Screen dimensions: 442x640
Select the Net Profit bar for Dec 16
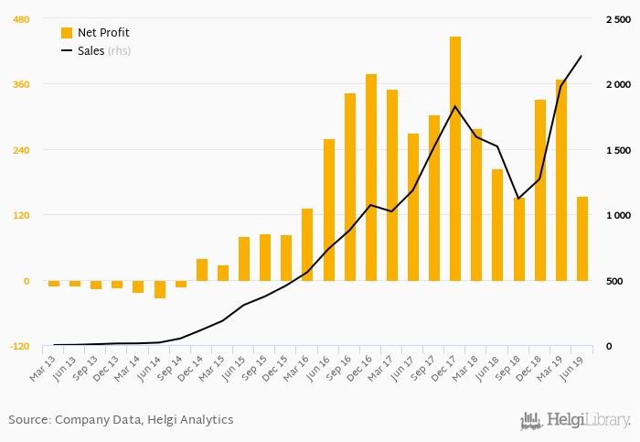[x=371, y=178]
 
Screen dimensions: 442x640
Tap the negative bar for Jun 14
[x=160, y=289]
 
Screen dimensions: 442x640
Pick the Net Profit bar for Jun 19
[x=582, y=239]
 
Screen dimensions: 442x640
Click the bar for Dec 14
[x=202, y=270]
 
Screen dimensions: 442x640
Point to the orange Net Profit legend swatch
[x=67, y=33]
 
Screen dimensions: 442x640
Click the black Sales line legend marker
[x=67, y=50]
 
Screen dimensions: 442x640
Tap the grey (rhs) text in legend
[x=119, y=50]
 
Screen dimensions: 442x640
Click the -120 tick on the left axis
[x=18, y=347]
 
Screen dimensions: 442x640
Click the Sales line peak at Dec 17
[x=455, y=107]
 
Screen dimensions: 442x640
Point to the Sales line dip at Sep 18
[x=518, y=199]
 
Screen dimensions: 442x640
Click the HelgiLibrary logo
[x=575, y=421]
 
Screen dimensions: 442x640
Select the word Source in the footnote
[x=28, y=420]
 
